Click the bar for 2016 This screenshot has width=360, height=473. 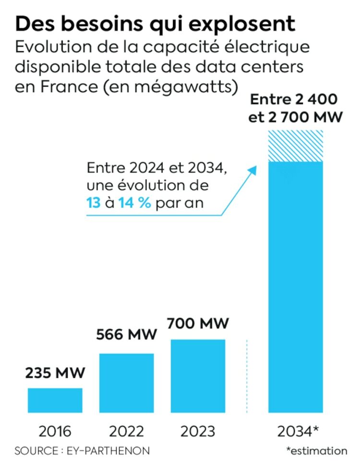pyautogui.click(x=55, y=400)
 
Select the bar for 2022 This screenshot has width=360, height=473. pyautogui.click(x=127, y=382)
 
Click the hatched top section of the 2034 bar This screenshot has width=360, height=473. pyautogui.click(x=295, y=146)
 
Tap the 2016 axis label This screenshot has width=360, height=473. pyautogui.click(x=55, y=431)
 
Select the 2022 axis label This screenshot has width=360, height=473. pyautogui.click(x=127, y=431)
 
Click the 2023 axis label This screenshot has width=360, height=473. pyautogui.click(x=198, y=431)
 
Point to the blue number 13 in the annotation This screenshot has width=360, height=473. pyautogui.click(x=94, y=203)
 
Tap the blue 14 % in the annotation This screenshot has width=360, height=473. pyautogui.click(x=135, y=203)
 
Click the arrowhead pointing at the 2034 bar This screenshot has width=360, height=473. pyautogui.click(x=253, y=169)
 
